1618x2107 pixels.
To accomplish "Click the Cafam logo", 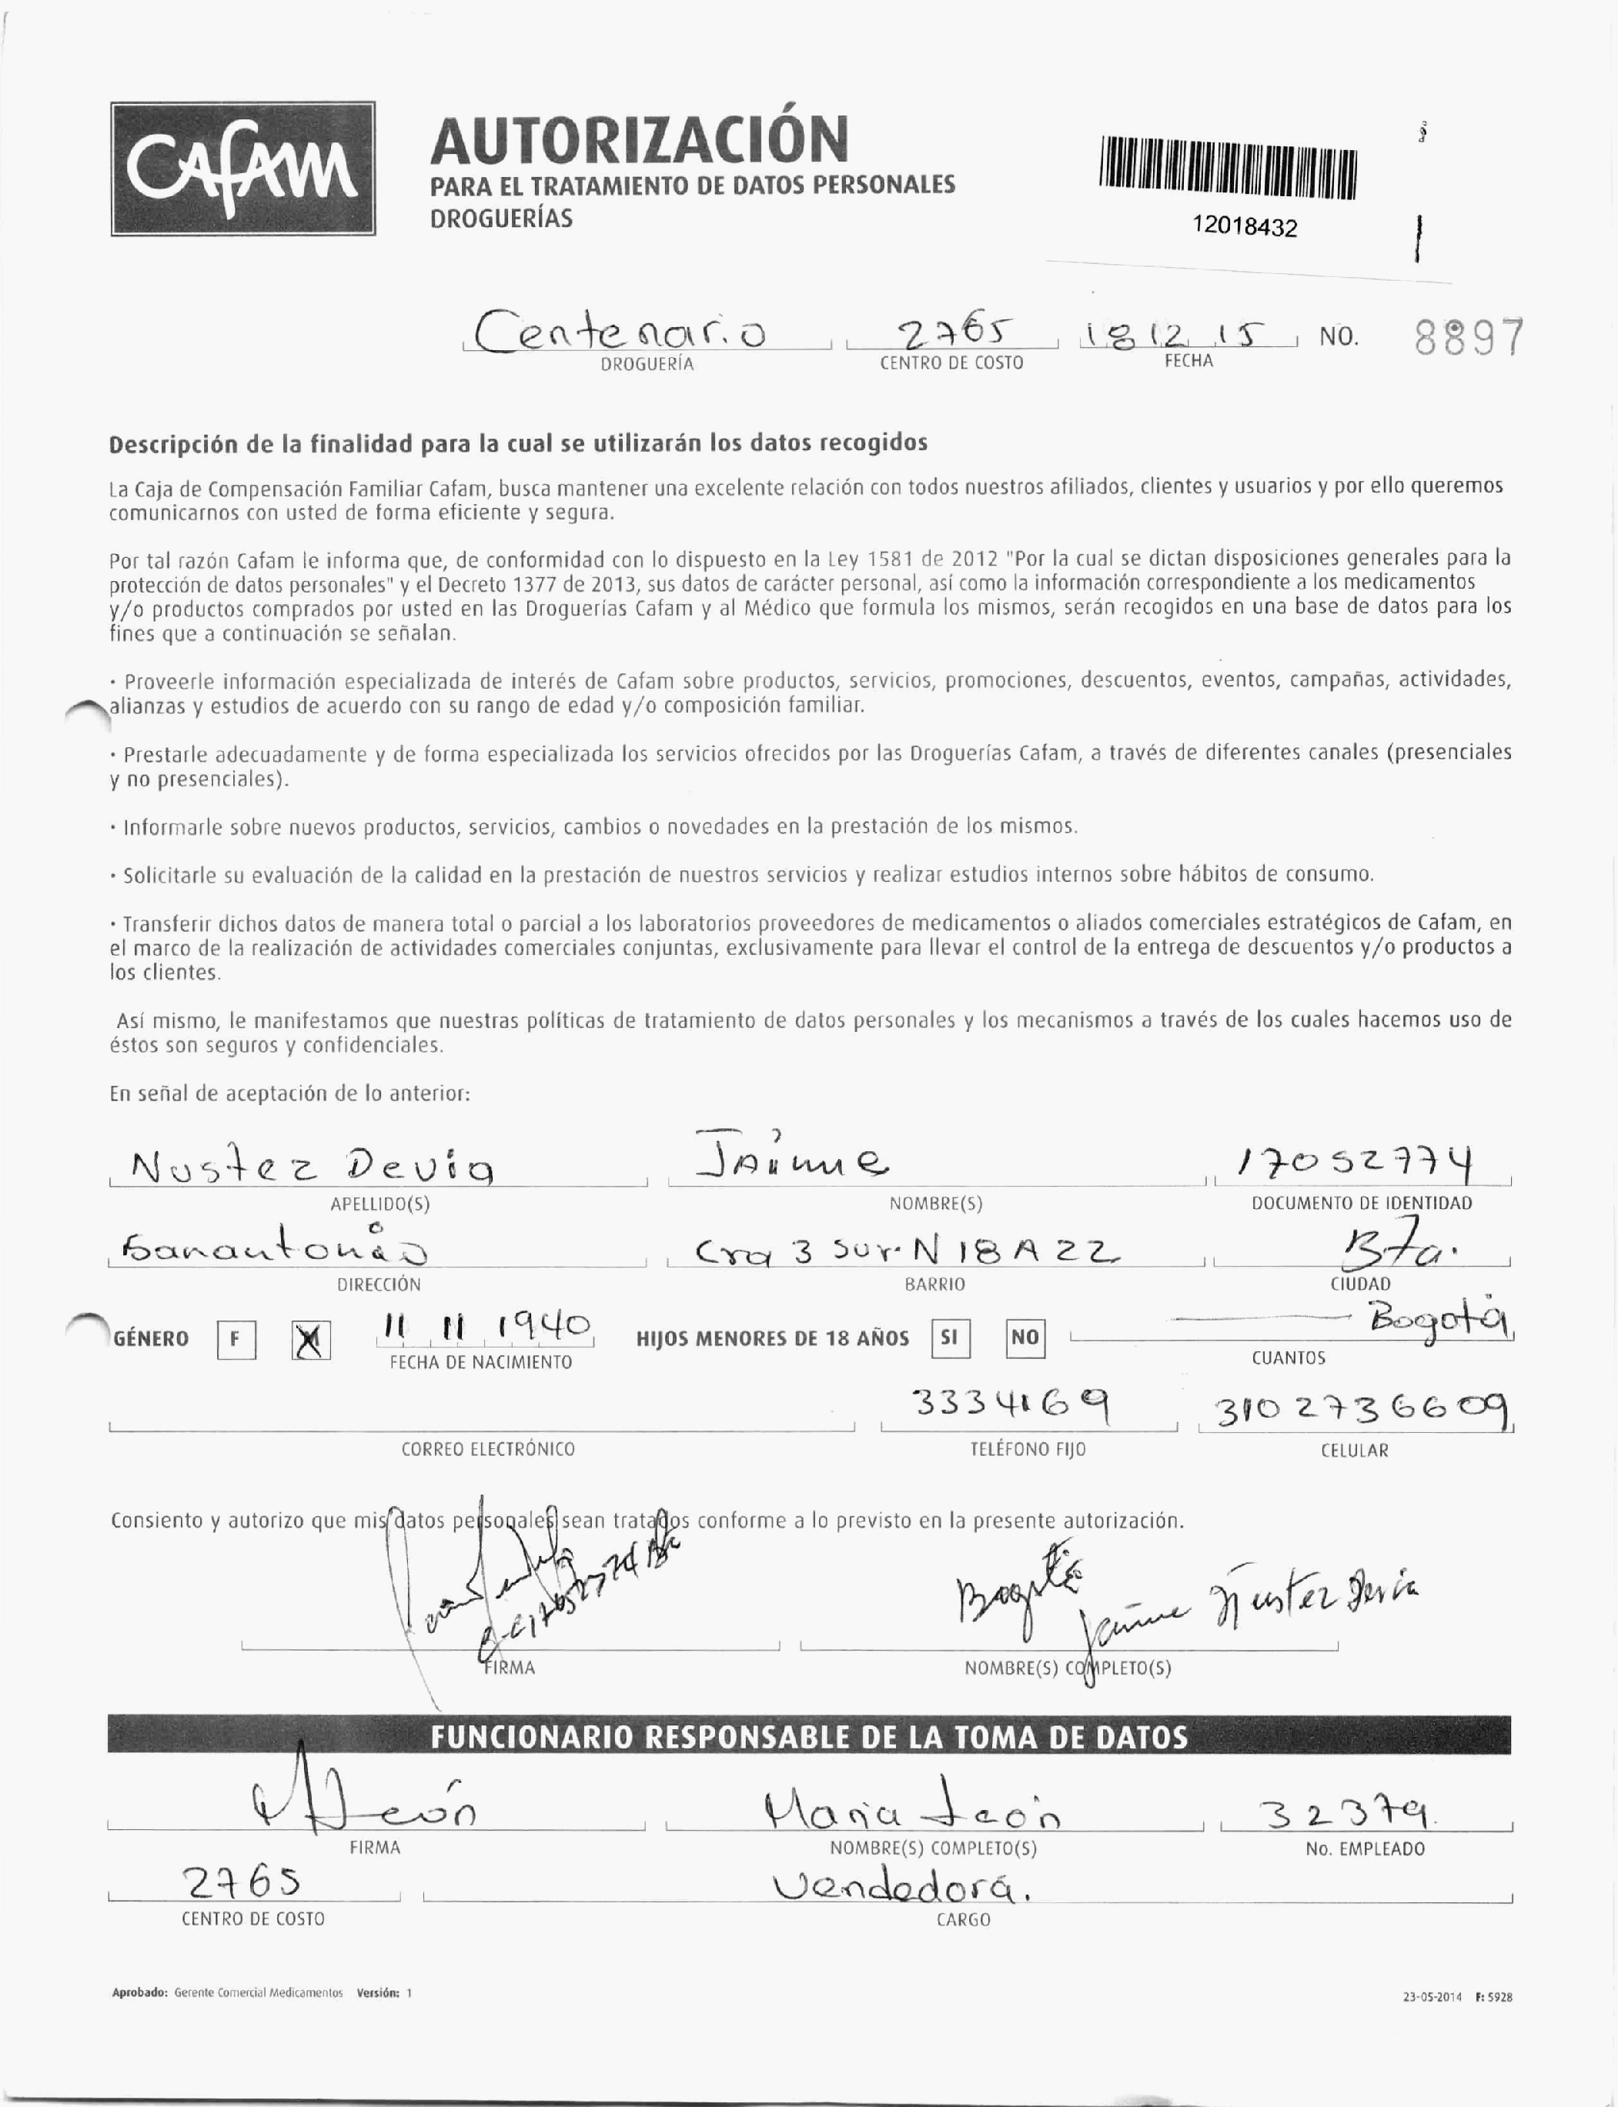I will click(242, 169).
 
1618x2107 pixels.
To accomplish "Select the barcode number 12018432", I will click(1245, 226).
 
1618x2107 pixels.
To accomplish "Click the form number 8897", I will click(1469, 338).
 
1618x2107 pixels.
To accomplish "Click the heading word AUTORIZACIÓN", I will click(640, 139).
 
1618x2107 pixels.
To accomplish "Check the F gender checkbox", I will click(237, 1341).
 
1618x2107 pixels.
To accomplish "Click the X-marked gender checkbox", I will click(311, 1341).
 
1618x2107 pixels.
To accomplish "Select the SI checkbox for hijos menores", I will click(951, 1337).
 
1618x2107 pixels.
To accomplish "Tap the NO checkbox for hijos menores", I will click(1025, 1337).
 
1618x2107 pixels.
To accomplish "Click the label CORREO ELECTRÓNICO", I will click(487, 1449).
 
